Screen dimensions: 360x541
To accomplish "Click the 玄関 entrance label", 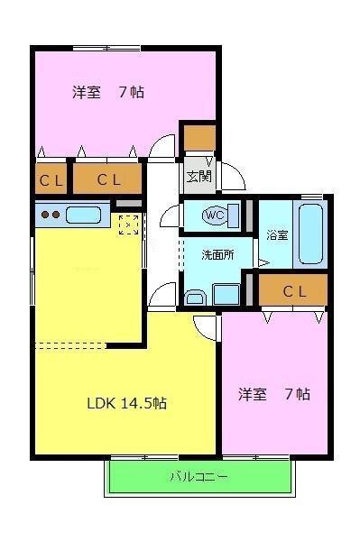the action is click(198, 177).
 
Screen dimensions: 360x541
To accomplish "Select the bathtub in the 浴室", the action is click(310, 234).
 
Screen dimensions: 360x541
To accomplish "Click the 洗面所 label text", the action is click(217, 255).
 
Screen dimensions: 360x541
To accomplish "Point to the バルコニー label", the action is click(198, 477).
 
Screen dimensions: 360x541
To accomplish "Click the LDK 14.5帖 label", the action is click(126, 403).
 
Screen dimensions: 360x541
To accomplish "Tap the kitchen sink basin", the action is click(83, 215).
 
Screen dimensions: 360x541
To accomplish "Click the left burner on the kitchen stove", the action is click(45, 215).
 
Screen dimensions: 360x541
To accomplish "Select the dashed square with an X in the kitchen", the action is click(128, 225).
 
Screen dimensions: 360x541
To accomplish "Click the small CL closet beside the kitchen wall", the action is click(51, 179).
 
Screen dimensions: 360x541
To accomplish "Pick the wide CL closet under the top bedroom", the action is click(107, 179).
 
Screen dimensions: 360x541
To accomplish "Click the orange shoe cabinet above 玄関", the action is click(199, 138).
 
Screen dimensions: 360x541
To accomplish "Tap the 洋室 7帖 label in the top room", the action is click(108, 92).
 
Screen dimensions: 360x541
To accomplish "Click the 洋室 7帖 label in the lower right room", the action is click(274, 394).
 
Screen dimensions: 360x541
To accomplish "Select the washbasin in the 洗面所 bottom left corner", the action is click(195, 298).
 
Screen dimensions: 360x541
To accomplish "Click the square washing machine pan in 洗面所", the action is click(226, 294).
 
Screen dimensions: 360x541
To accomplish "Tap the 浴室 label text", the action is click(277, 235).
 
